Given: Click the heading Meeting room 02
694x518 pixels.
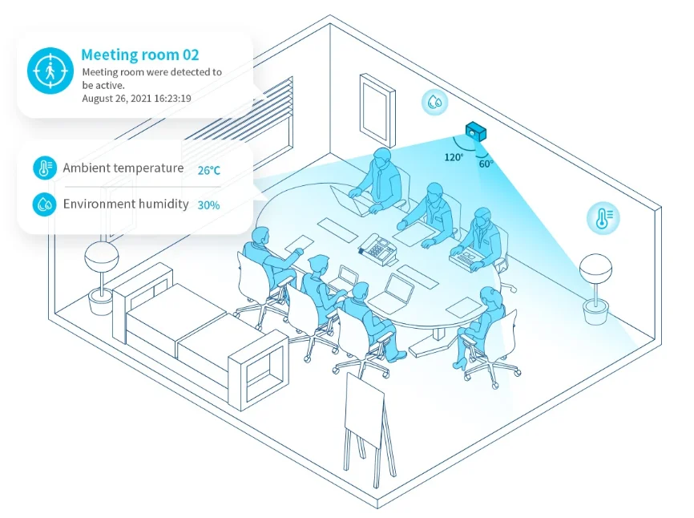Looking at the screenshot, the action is pyautogui.click(x=139, y=55).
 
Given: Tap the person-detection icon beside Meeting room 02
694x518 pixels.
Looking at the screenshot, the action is pyautogui.click(x=50, y=71).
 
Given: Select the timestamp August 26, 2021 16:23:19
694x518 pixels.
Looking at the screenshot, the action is pyautogui.click(x=136, y=98).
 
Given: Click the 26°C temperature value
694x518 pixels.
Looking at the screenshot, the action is pyautogui.click(x=208, y=170).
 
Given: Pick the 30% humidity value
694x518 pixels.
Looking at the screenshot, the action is pyautogui.click(x=208, y=205).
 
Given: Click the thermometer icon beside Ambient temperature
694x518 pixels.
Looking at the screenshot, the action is pyautogui.click(x=44, y=168).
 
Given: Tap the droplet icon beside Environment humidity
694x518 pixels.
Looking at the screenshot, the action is pyautogui.click(x=44, y=204).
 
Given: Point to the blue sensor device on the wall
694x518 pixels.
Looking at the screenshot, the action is pyautogui.click(x=478, y=132).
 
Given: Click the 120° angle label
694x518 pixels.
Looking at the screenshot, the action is pyautogui.click(x=454, y=157).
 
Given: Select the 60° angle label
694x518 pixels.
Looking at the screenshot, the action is pyautogui.click(x=486, y=164).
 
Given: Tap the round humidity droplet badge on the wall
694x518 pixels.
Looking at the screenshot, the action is pyautogui.click(x=434, y=102).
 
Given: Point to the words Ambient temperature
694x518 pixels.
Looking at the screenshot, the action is pyautogui.click(x=123, y=168).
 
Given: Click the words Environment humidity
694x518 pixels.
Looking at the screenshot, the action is pyautogui.click(x=126, y=204).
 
